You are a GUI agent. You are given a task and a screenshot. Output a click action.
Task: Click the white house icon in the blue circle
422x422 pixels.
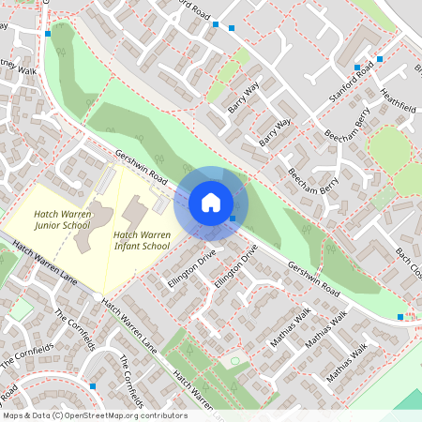(x=211, y=202)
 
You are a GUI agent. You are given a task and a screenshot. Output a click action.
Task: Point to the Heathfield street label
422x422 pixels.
(x=399, y=101)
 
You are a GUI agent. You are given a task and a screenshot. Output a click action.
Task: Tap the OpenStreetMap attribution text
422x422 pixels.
(x=95, y=414)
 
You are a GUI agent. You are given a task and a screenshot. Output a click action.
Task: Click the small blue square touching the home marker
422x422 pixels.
(x=233, y=219)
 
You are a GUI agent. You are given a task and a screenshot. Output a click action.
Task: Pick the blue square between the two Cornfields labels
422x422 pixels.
(x=92, y=385)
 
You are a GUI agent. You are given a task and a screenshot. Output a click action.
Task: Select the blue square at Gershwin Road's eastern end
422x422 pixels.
(x=400, y=317)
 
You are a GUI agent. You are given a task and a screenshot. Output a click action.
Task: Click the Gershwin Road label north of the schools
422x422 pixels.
(x=141, y=166)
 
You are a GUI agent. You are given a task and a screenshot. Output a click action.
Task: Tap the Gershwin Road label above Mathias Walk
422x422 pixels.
(x=313, y=279)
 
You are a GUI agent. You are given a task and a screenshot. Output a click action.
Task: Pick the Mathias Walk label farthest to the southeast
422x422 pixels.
(x=346, y=365)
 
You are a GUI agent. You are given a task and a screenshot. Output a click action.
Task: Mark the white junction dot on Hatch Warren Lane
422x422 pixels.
(x=99, y=300)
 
